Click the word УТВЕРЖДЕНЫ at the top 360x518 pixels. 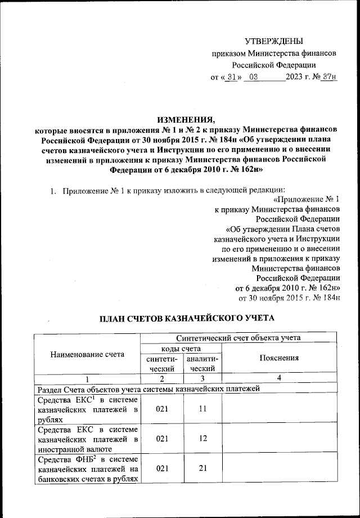pos(274,41)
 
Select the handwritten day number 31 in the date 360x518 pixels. pos(228,77)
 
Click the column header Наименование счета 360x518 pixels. pos(85,355)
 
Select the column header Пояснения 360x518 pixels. pos(278,358)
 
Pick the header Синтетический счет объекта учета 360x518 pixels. pos(238,338)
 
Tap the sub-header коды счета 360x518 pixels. pos(182,349)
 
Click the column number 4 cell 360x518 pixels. pos(278,377)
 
